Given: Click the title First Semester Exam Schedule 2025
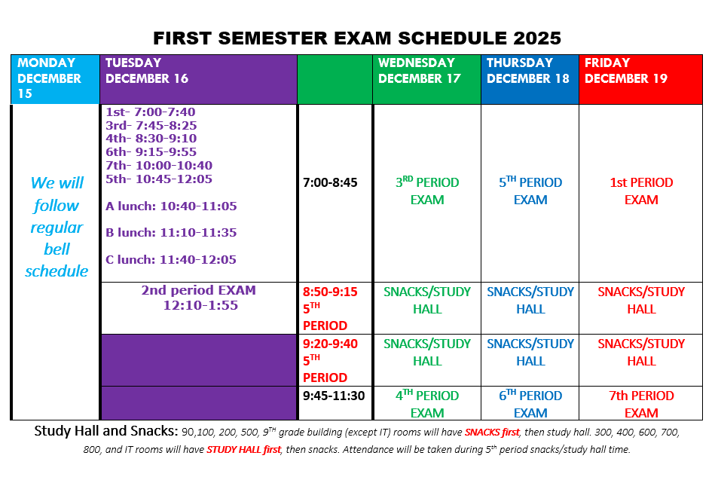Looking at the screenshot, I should coord(357,38).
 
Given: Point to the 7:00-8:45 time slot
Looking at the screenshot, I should coord(330,182).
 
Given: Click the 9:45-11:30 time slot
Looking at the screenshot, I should coord(335,396).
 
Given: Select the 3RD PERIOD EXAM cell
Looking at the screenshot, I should coord(427,191).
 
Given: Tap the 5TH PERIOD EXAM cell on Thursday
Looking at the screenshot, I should coord(530,191).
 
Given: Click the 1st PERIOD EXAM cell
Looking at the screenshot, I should coord(641,191).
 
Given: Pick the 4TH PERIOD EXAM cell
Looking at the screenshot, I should coord(427,404).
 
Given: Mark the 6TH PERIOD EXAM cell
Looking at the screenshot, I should coord(530,404).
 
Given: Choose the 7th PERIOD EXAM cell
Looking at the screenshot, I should coord(641,404).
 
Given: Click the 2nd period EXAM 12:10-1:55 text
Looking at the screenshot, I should coord(199,298).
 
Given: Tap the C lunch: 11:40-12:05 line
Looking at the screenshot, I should coord(170,260).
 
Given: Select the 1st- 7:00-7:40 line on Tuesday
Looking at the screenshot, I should coord(151,112).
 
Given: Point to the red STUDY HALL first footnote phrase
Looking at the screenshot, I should coord(243,450).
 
